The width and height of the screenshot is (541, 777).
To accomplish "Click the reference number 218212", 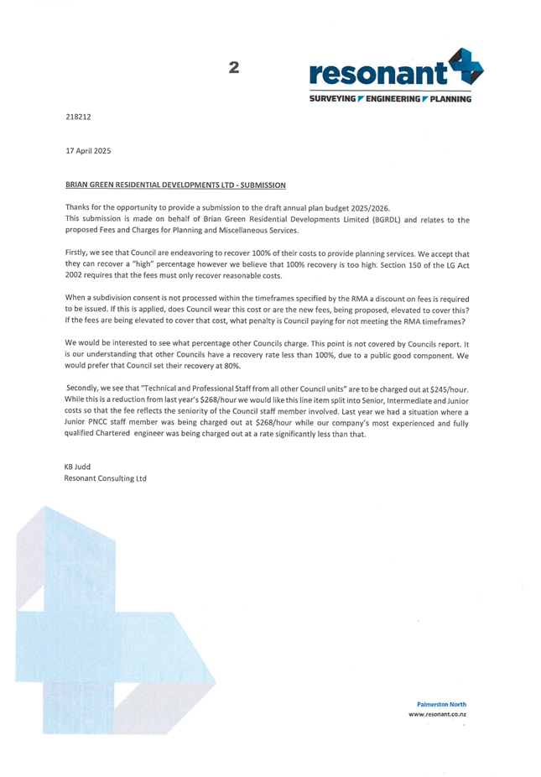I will pyautogui.click(x=78, y=117).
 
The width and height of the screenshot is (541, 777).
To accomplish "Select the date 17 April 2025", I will pyautogui.click(x=87, y=151).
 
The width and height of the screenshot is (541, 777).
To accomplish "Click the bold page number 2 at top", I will pyautogui.click(x=234, y=66).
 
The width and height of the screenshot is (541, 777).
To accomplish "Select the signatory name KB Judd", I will pyautogui.click(x=78, y=467).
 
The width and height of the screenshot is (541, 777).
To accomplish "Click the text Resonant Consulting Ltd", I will pyautogui.click(x=105, y=478).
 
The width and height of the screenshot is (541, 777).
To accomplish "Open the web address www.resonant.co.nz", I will pyautogui.click(x=437, y=714).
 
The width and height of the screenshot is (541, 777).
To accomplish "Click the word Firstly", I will pyautogui.click(x=78, y=253).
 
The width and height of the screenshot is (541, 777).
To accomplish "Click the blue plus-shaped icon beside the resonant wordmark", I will pyautogui.click(x=466, y=67).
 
